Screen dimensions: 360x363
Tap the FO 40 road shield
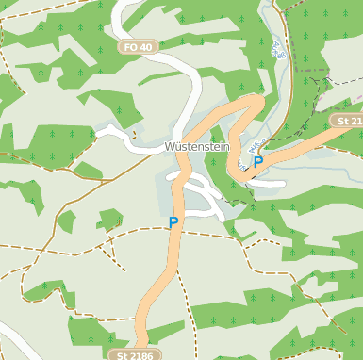[138, 46]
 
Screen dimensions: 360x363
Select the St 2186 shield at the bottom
[135, 354]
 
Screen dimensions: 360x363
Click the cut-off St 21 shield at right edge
[348, 121]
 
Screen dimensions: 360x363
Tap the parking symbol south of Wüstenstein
[173, 223]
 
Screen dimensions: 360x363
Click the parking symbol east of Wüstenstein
[257, 162]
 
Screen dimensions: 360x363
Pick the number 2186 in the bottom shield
[140, 354]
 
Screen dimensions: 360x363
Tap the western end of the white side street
[98, 132]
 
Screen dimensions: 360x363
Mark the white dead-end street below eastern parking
[269, 183]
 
